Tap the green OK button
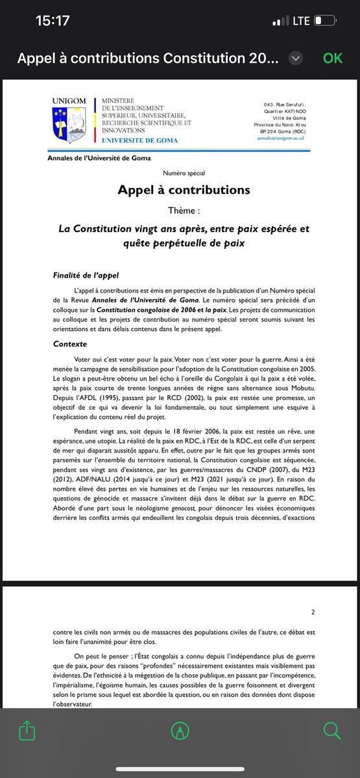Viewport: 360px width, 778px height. click(332, 58)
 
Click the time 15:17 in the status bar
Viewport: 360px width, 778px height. click(53, 21)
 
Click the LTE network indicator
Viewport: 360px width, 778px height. click(301, 21)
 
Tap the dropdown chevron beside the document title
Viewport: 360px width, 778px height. click(296, 58)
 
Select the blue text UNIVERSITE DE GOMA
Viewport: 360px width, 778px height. click(136, 140)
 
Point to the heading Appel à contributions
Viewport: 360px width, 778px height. click(184, 189)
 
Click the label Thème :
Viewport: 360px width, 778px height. click(184, 211)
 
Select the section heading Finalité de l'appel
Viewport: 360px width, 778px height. click(85, 276)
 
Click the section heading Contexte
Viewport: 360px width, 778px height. click(71, 344)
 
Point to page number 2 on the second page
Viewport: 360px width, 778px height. click(313, 611)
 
